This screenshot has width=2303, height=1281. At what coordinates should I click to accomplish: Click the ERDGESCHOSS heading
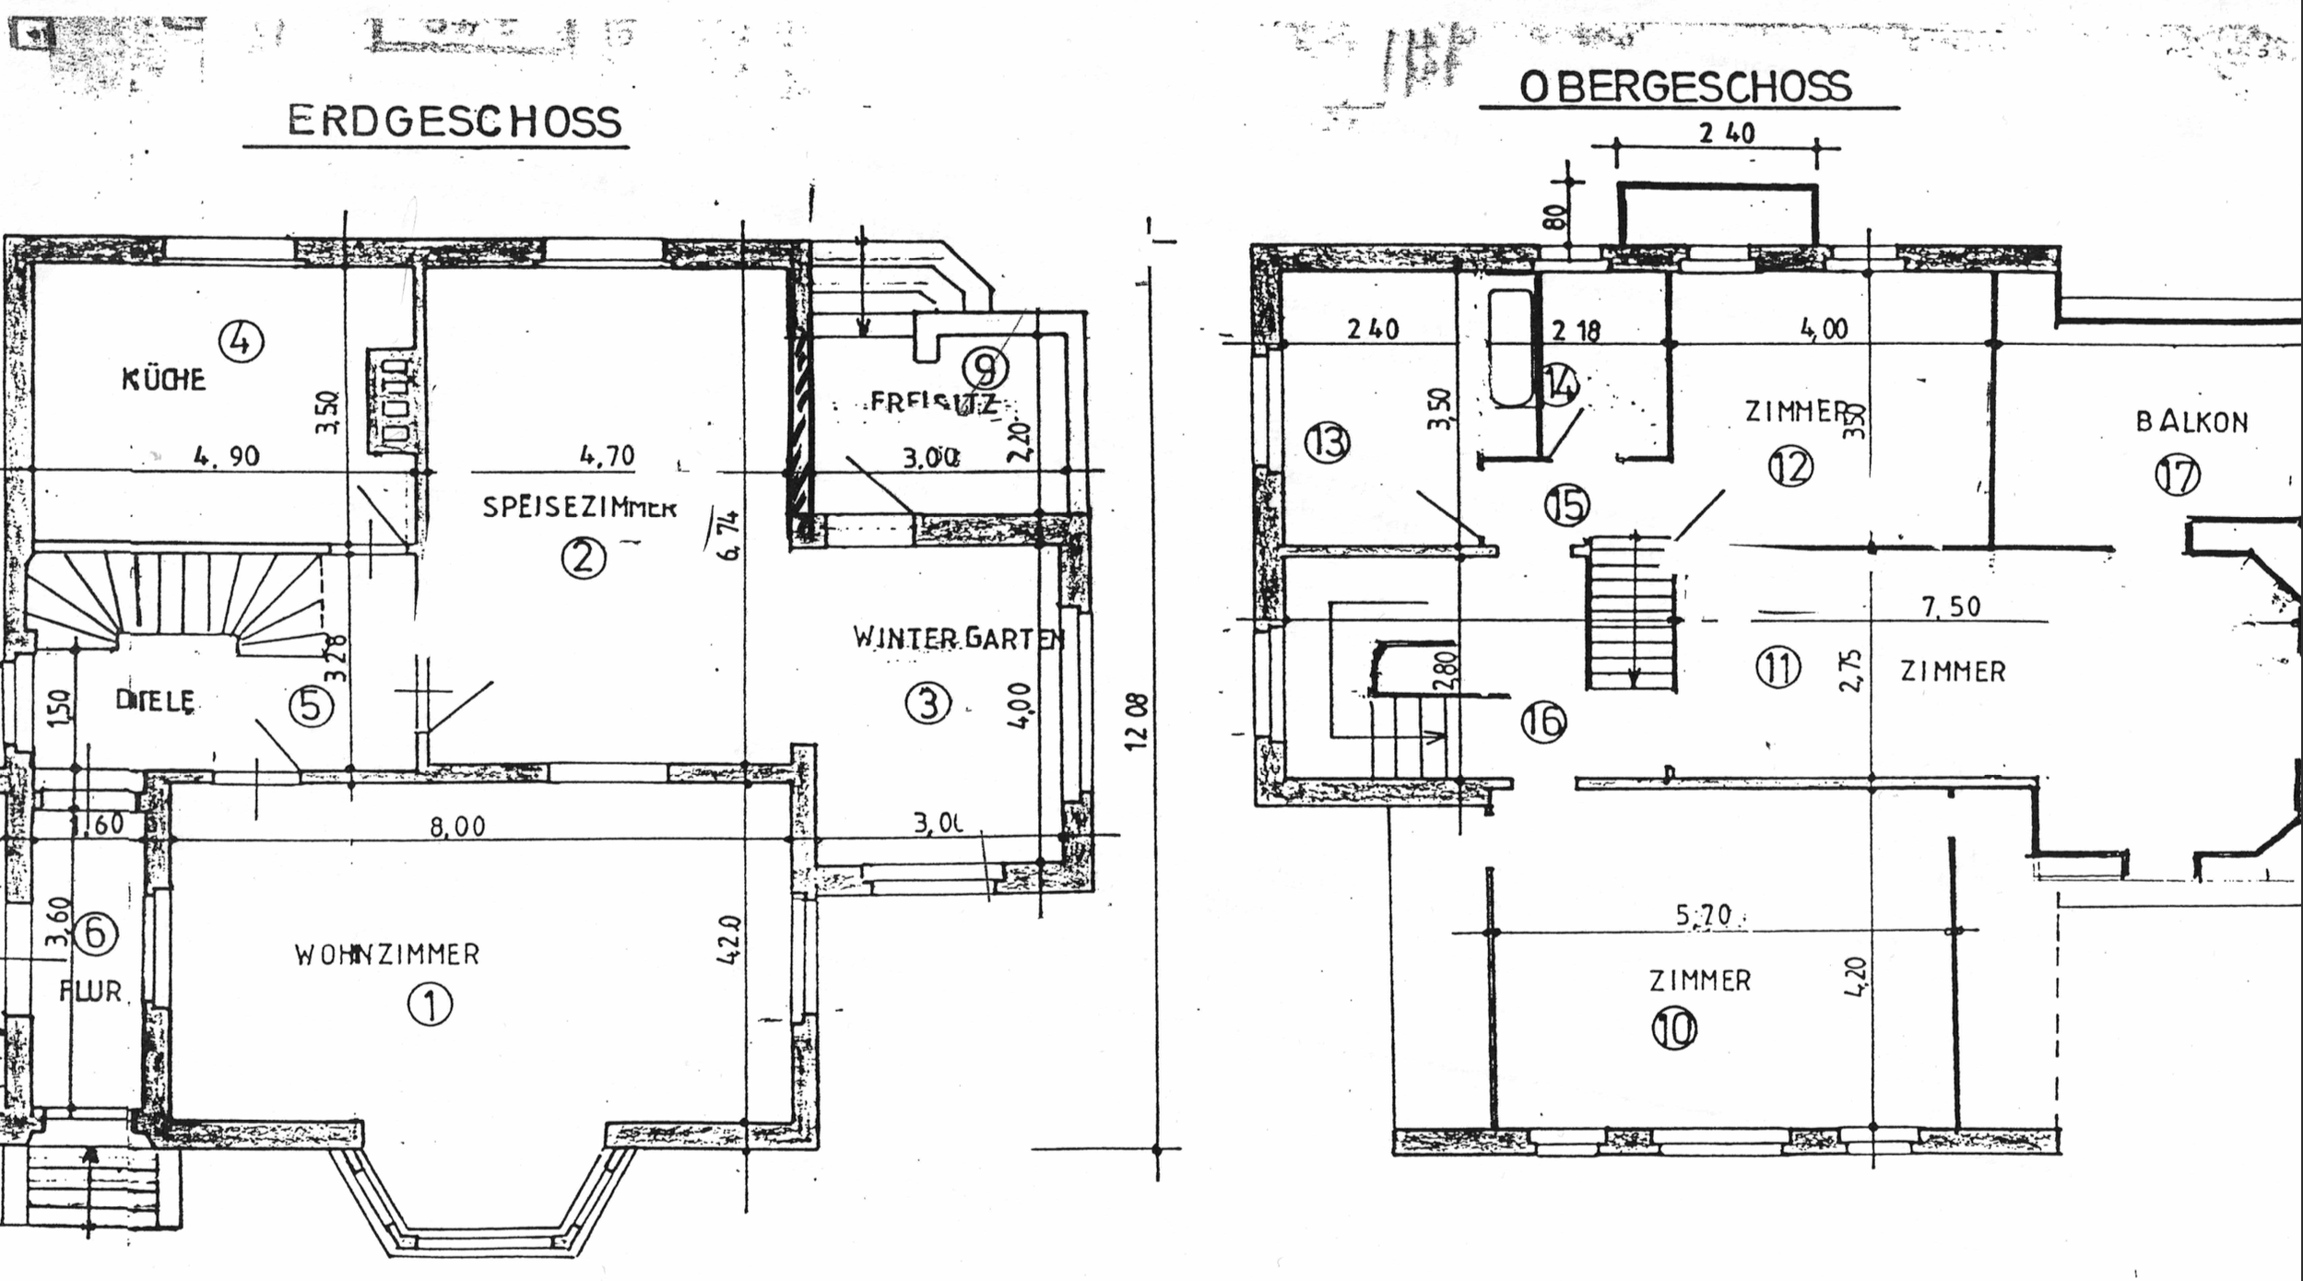click(x=455, y=122)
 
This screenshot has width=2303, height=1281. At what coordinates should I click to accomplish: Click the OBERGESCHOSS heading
click(x=1685, y=87)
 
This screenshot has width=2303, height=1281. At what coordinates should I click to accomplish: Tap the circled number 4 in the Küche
click(x=241, y=342)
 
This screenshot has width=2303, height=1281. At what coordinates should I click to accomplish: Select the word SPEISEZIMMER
click(x=580, y=507)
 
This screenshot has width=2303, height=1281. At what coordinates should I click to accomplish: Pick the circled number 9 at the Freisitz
click(x=986, y=369)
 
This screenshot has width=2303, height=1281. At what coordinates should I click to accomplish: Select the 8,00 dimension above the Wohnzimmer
click(x=457, y=827)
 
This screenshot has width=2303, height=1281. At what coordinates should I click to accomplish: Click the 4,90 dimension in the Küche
click(x=226, y=455)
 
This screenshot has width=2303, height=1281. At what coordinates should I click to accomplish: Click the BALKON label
click(x=2191, y=422)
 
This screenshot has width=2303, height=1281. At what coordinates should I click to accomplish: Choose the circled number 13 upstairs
click(x=1328, y=443)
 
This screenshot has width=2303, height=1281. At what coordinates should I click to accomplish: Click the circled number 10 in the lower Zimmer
click(x=1674, y=1029)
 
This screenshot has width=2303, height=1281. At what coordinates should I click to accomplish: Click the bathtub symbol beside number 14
click(x=1511, y=348)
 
